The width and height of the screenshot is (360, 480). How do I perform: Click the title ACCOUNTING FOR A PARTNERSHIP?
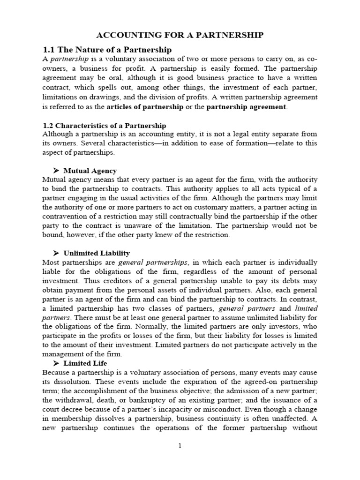(x=180, y=35)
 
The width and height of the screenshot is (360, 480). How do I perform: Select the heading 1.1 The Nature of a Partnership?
(x=107, y=50)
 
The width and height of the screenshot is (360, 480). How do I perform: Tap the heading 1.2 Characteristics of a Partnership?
(x=104, y=126)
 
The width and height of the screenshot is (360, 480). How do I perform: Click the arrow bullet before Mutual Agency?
(x=56, y=171)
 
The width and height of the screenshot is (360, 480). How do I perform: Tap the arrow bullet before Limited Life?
(x=56, y=363)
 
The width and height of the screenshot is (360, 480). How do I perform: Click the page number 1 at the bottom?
(x=180, y=446)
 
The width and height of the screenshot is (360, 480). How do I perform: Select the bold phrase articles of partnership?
(x=145, y=106)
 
